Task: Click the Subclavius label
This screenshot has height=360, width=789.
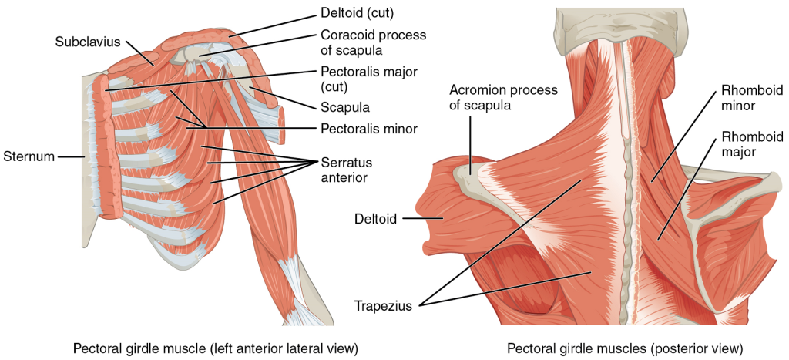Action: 88,42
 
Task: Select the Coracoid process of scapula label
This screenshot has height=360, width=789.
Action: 373,42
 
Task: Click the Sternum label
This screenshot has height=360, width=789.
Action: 28,156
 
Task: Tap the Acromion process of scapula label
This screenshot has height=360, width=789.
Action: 503,98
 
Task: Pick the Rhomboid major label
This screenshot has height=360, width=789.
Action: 743,144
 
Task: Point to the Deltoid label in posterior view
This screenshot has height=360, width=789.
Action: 377,219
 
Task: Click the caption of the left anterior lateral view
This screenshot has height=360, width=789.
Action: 204,348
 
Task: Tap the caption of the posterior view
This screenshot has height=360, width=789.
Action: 625,348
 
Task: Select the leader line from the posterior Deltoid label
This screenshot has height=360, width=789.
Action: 422,219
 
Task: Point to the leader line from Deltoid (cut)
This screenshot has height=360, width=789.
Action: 270,24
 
